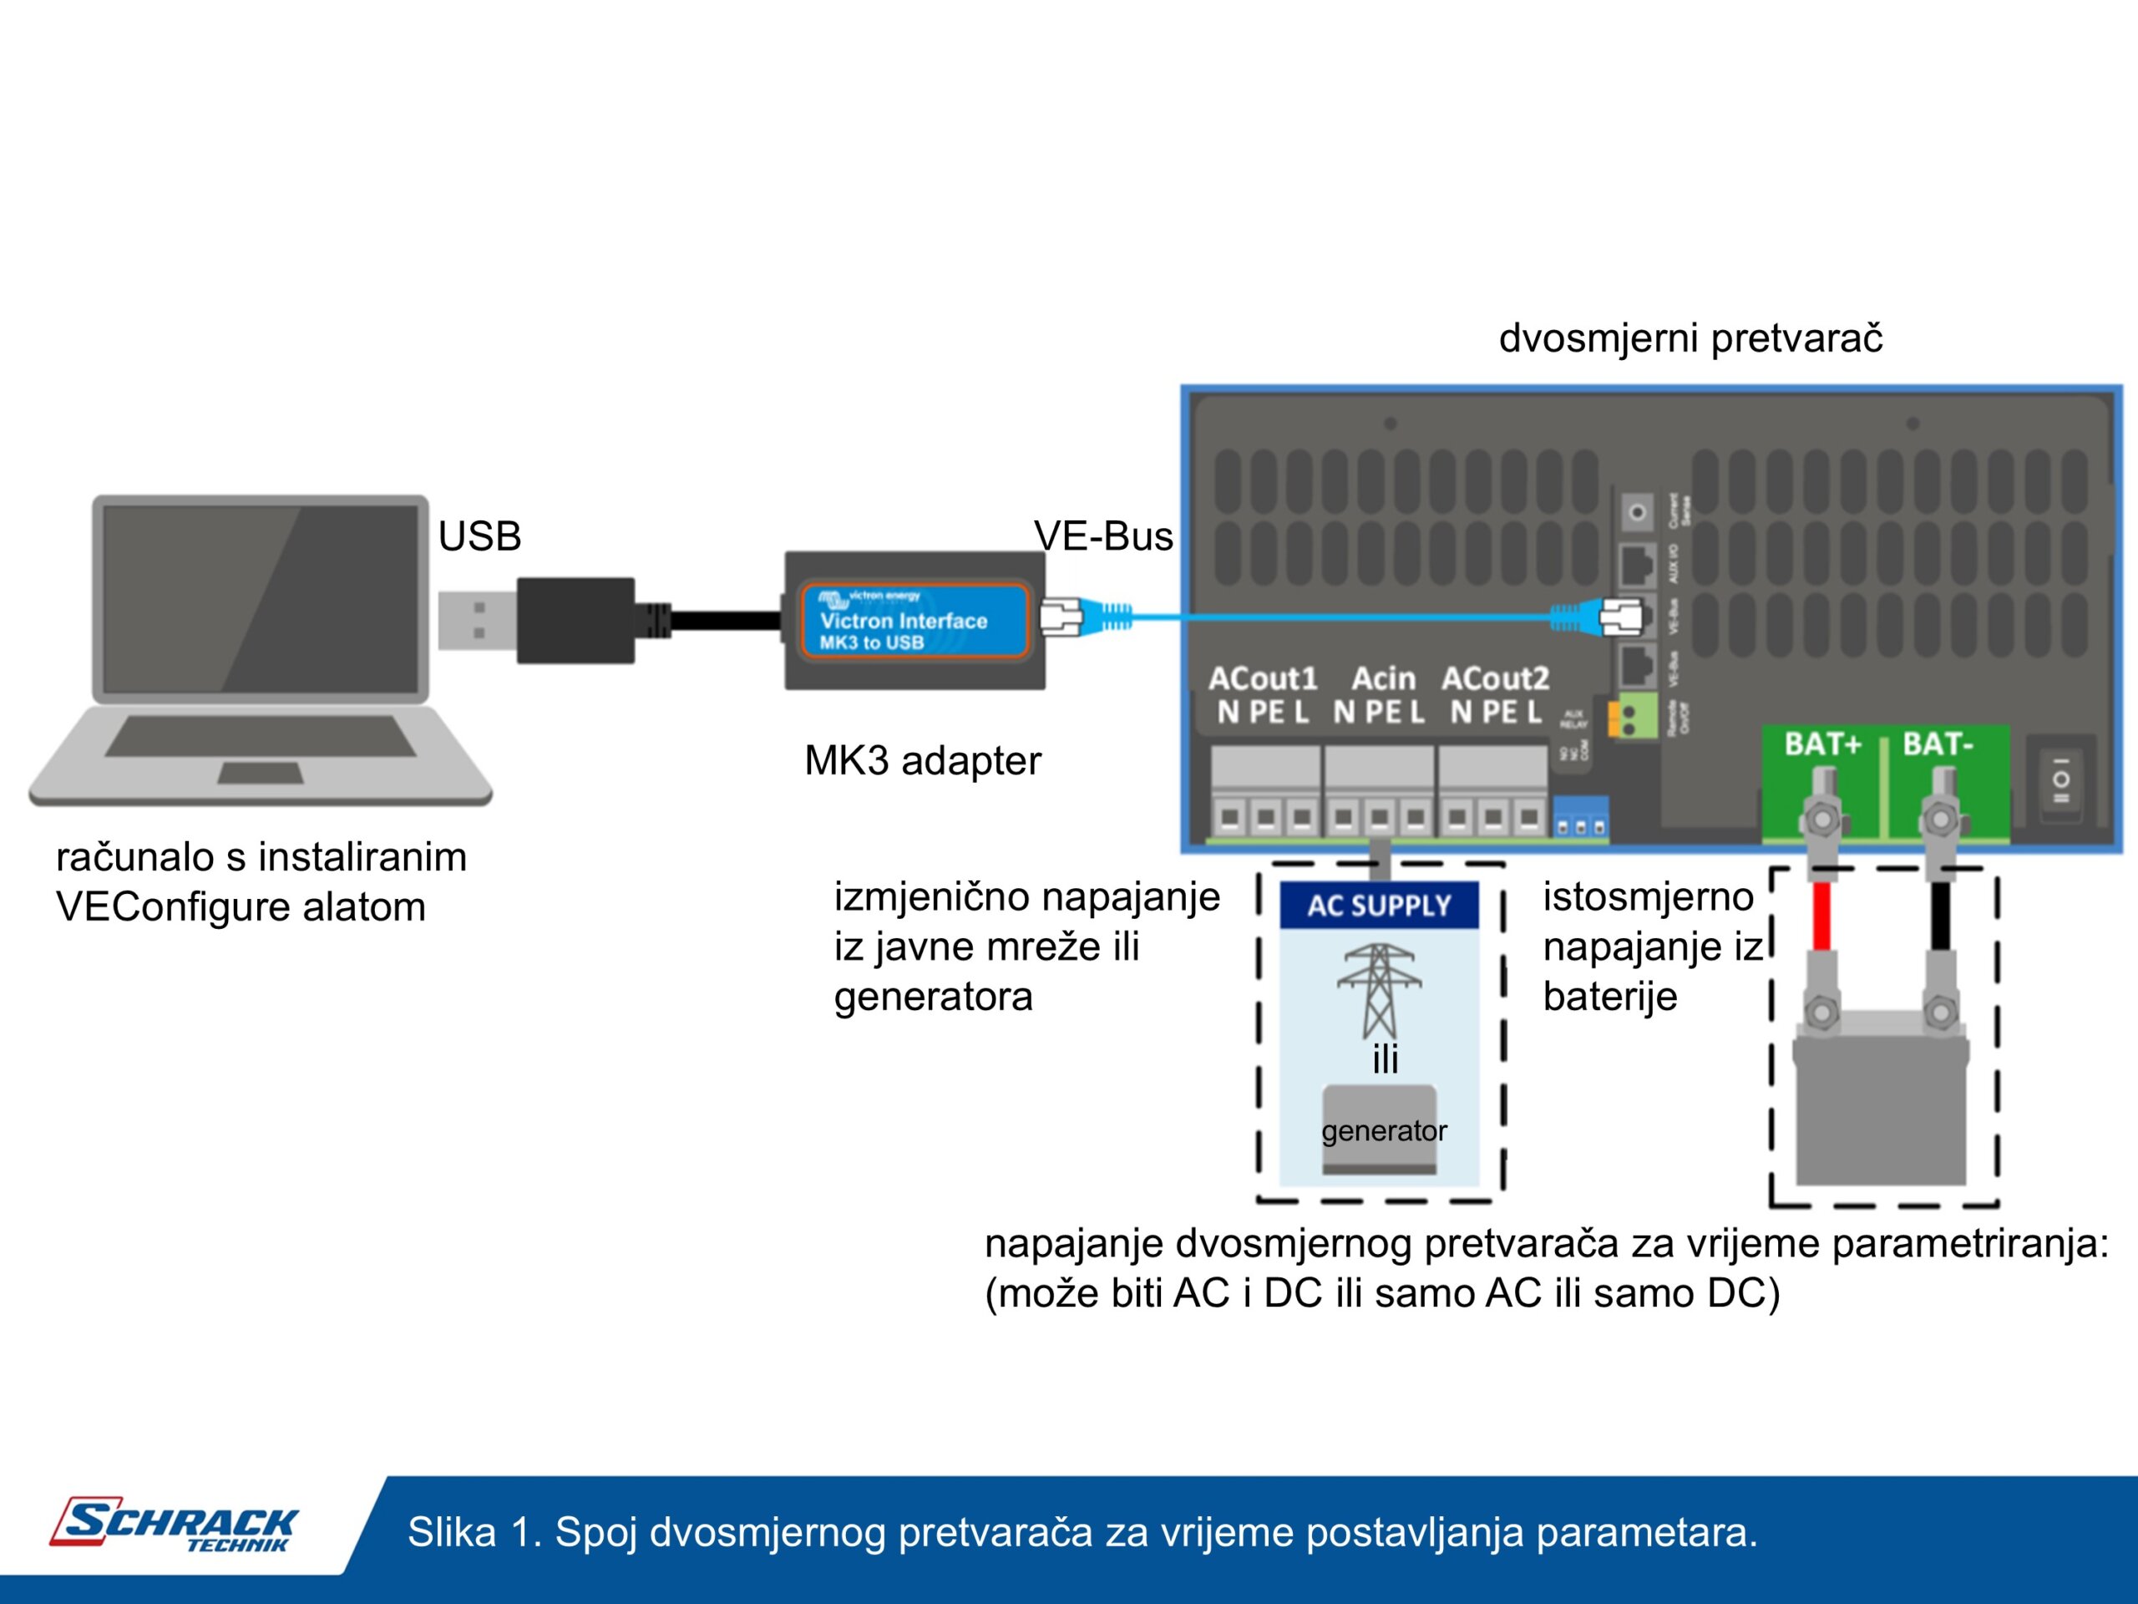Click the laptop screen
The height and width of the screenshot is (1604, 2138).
click(260, 598)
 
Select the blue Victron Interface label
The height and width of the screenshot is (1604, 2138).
click(913, 621)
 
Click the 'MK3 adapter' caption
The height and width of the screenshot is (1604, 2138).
click(922, 761)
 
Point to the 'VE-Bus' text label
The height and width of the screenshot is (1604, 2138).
click(1103, 536)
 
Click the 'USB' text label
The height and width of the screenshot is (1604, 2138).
click(479, 536)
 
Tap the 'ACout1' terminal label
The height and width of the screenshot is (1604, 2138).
click(1262, 678)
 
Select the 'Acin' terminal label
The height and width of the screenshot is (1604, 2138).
click(1383, 678)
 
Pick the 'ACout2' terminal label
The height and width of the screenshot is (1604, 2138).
click(1495, 678)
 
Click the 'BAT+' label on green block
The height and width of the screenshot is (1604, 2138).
click(1822, 744)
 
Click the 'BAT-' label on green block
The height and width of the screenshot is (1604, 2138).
click(1937, 744)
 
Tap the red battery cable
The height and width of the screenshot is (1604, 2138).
click(1822, 916)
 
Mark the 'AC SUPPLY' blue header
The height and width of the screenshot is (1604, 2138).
click(1380, 905)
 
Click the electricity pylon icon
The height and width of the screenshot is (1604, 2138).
click(1380, 988)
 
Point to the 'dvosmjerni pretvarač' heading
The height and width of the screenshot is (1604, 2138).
click(1690, 338)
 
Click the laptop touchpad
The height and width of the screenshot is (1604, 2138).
click(260, 773)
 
